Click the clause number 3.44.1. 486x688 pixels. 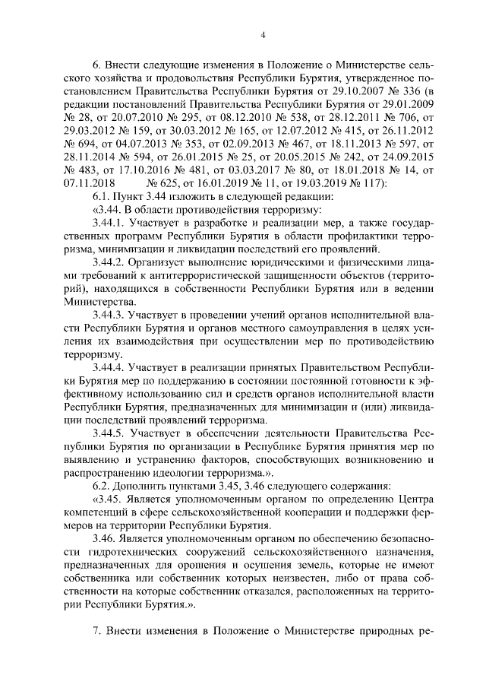tap(109, 204)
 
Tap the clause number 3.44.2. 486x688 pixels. tap(109, 246)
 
